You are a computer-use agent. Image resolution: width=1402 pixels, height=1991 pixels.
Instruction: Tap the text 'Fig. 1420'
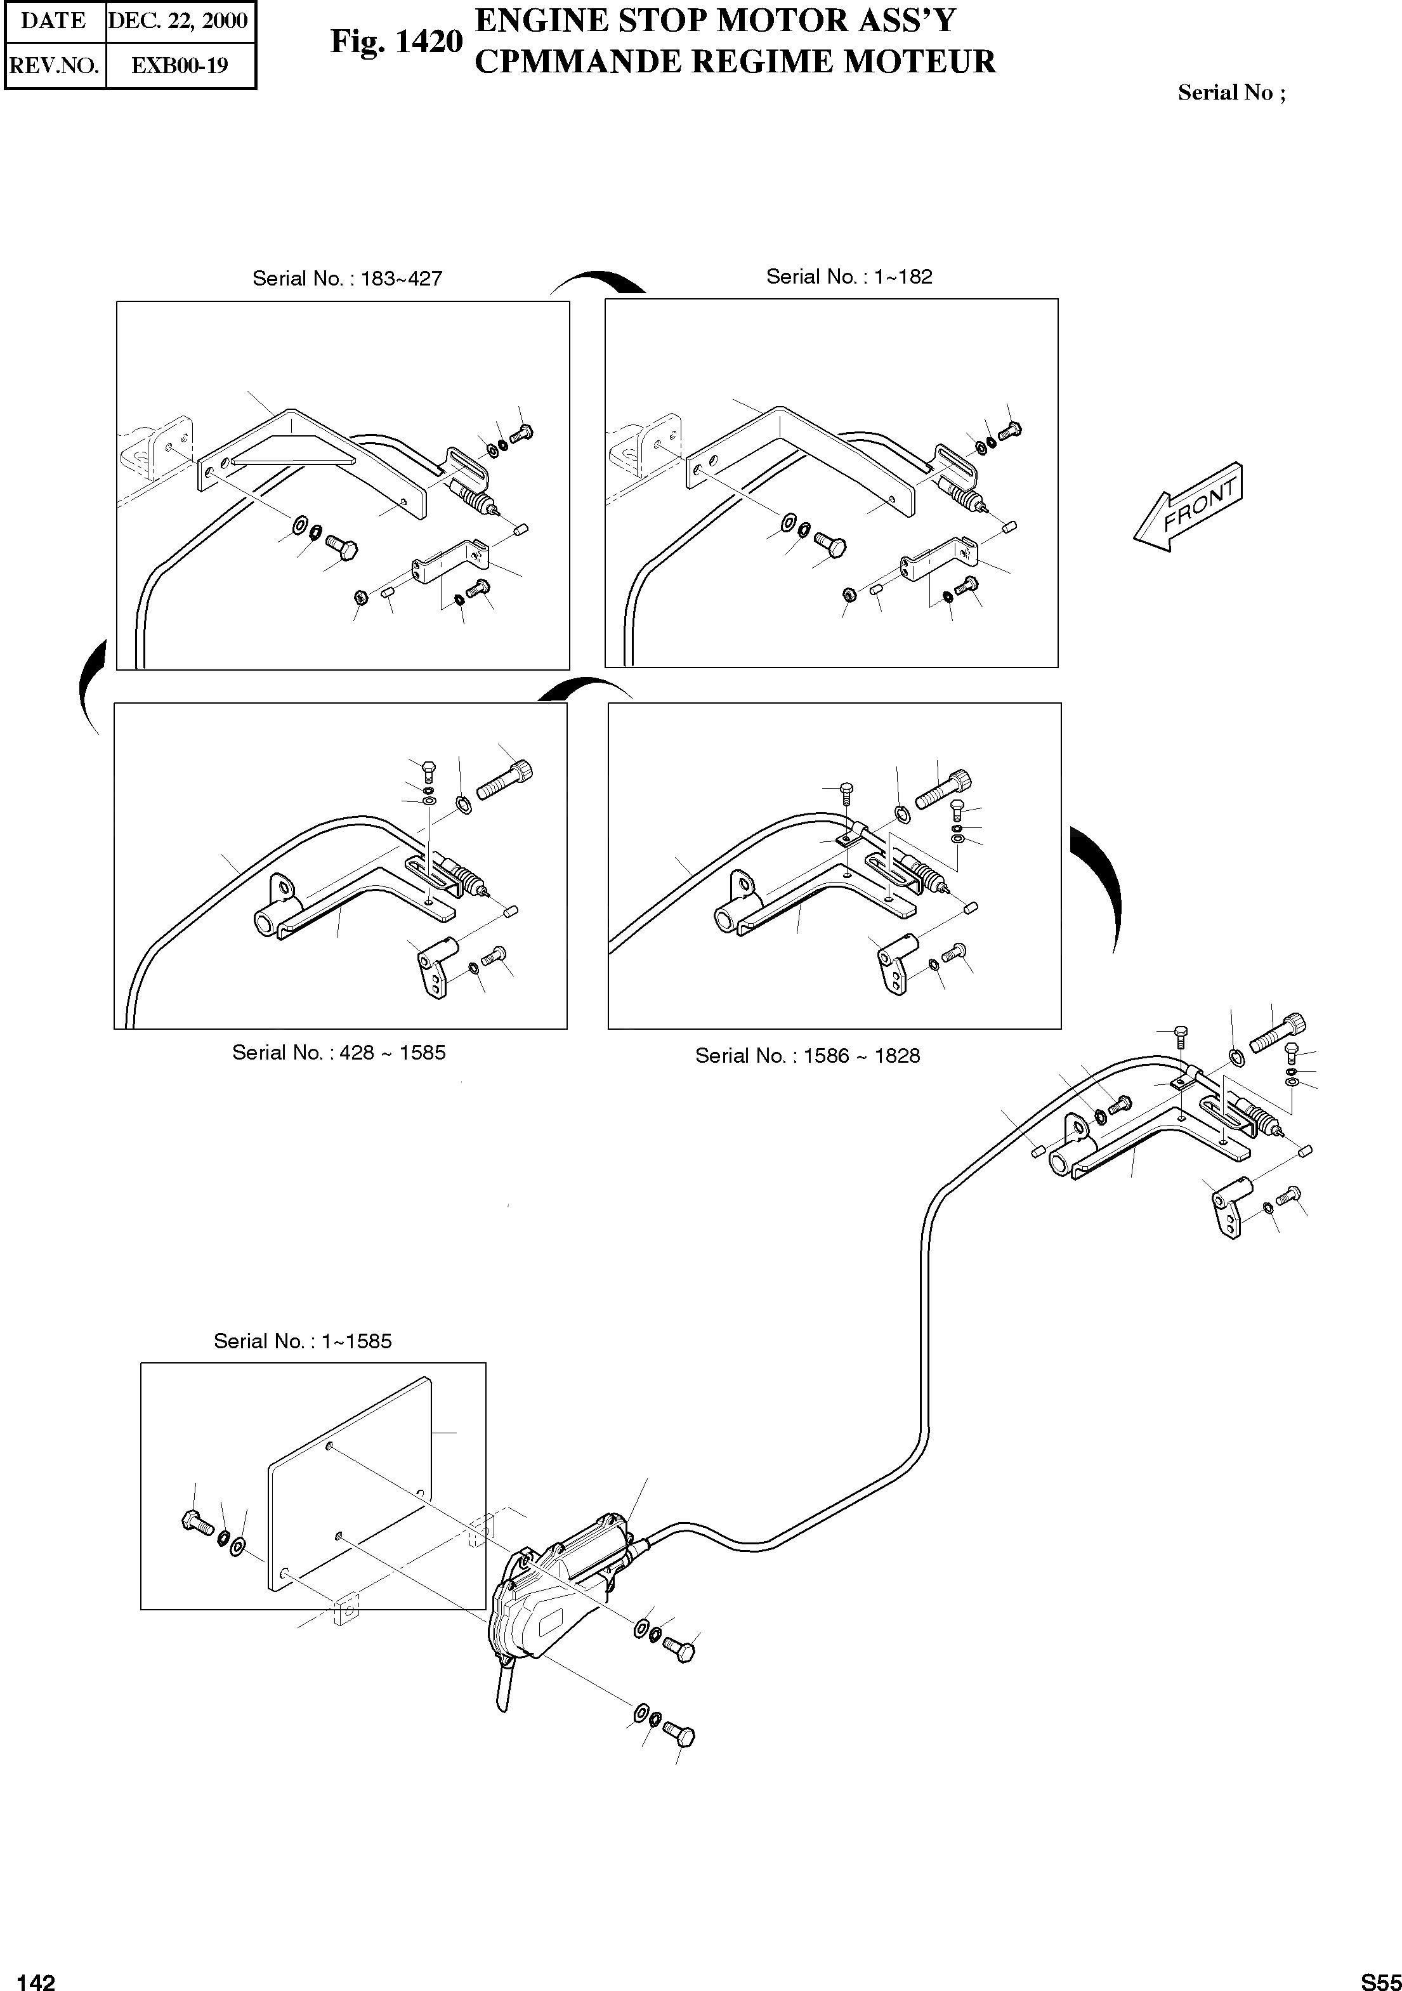[396, 41]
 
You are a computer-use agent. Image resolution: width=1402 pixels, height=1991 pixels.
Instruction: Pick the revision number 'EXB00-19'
[180, 65]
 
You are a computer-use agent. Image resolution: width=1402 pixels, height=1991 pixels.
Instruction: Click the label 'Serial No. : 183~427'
[347, 279]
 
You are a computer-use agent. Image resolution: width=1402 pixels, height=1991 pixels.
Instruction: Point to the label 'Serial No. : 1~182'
[849, 277]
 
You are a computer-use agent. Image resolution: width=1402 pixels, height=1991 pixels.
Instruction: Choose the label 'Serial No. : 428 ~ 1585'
[339, 1053]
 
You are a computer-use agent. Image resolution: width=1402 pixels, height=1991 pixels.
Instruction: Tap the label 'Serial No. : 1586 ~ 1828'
[807, 1056]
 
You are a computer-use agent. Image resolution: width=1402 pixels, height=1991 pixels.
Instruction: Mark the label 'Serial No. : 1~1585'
[303, 1341]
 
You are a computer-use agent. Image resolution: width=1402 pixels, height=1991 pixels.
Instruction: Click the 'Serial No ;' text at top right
[1230, 93]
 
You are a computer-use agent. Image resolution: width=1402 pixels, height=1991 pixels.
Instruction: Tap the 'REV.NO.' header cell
[55, 65]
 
